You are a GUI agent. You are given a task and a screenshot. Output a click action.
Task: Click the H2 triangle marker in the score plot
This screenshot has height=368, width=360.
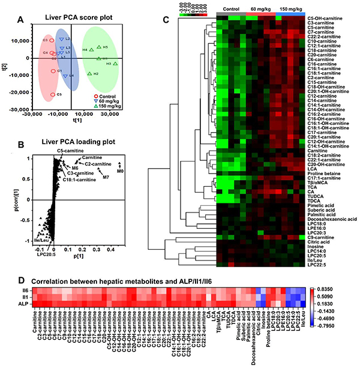coord(89,74)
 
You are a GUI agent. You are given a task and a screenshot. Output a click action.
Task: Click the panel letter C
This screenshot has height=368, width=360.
coord(166,21)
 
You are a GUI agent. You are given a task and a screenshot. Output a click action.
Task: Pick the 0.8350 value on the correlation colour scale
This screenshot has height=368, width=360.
coord(344,289)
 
